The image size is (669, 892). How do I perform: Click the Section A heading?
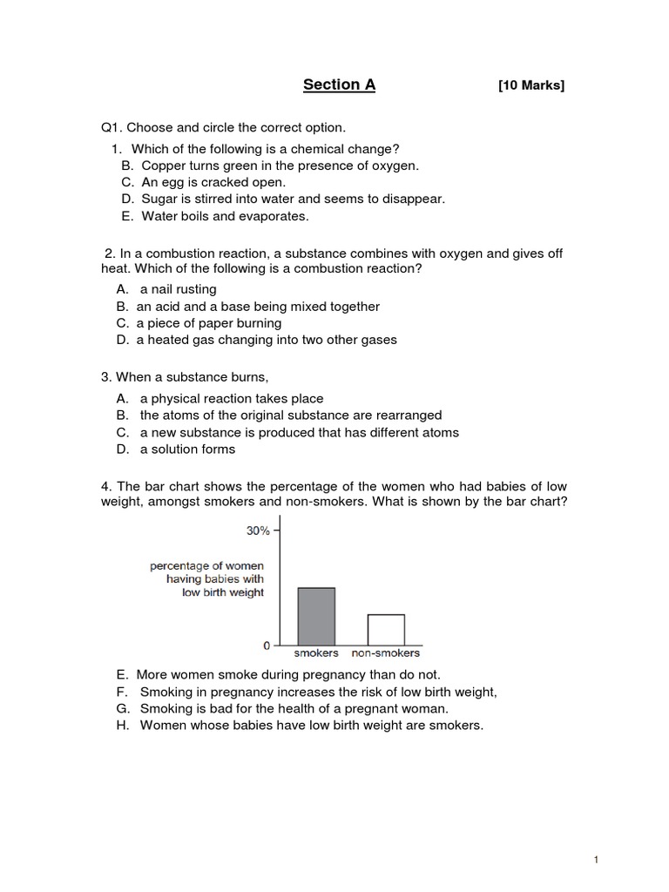[339, 84]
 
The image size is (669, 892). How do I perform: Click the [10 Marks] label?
[530, 85]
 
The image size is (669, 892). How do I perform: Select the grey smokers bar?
[316, 616]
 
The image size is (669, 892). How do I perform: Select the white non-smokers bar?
[385, 629]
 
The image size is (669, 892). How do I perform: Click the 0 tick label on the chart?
[267, 645]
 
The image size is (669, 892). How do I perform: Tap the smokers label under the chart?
[316, 652]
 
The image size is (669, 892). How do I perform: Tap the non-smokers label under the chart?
[385, 652]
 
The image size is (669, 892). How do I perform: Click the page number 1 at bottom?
[596, 860]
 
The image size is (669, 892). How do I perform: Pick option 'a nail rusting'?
[178, 289]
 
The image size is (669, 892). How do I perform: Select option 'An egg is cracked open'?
[213, 182]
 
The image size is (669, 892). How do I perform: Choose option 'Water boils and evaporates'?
[225, 216]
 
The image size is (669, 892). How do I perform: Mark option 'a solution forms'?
[187, 449]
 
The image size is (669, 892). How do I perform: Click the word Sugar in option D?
[159, 199]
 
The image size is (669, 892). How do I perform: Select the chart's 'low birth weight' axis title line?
[223, 592]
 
